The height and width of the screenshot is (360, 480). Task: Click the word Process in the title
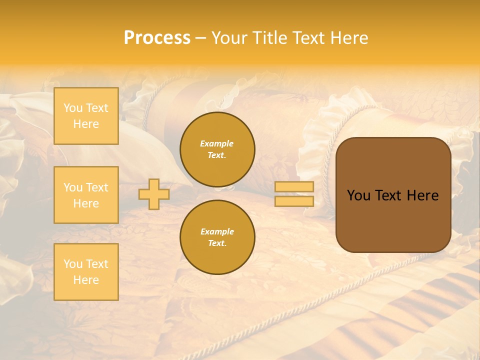157,38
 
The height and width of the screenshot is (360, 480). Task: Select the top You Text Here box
86,116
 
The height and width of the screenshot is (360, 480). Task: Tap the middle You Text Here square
86,195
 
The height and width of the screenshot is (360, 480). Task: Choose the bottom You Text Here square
86,272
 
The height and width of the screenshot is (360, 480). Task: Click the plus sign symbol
154,194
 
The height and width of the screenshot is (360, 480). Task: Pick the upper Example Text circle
217,149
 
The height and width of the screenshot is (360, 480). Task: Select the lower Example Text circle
217,237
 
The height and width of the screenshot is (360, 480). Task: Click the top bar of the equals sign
294,187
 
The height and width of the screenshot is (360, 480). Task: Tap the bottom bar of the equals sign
294,201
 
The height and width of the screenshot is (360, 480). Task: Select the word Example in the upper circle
217,143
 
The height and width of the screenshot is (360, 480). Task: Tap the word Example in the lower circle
217,231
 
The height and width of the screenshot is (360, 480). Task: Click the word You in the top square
73,108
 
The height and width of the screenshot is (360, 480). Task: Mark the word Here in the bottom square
86,280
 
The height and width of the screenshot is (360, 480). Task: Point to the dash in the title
200,38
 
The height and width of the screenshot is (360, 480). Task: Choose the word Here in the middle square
86,203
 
